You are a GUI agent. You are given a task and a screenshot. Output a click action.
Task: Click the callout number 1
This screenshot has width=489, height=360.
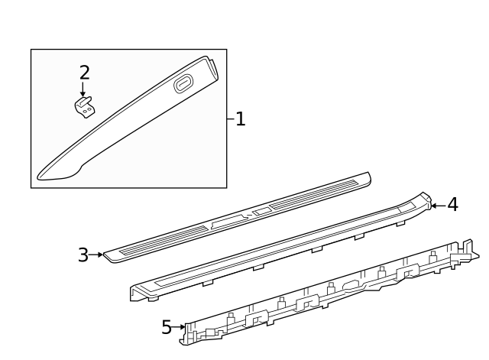pyautogui.click(x=240, y=119)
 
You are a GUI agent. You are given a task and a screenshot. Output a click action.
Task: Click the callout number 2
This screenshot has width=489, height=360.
pyautogui.click(x=84, y=73)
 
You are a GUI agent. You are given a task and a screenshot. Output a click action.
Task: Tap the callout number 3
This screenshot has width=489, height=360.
pyautogui.click(x=83, y=255)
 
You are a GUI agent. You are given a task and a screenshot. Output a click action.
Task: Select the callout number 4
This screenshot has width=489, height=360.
pyautogui.click(x=452, y=204)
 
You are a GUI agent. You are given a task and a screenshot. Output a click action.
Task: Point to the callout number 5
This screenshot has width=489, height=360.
pyautogui.click(x=167, y=327)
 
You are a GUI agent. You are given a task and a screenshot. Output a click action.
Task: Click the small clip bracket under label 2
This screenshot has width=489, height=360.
pyautogui.click(x=84, y=109)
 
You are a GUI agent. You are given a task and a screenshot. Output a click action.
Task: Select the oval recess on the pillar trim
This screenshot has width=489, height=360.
pyautogui.click(x=184, y=84)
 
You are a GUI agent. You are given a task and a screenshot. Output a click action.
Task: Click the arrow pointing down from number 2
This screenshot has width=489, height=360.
pyautogui.click(x=83, y=89)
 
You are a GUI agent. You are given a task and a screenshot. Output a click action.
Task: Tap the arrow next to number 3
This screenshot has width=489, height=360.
pyautogui.click(x=97, y=255)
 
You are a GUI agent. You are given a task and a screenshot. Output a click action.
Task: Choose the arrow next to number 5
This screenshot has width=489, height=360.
pyautogui.click(x=180, y=327)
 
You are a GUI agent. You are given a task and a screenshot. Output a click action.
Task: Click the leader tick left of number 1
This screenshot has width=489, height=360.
pyautogui.click(x=230, y=119)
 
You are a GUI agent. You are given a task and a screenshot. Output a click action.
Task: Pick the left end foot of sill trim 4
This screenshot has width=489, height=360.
pyautogui.click(x=136, y=294)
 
